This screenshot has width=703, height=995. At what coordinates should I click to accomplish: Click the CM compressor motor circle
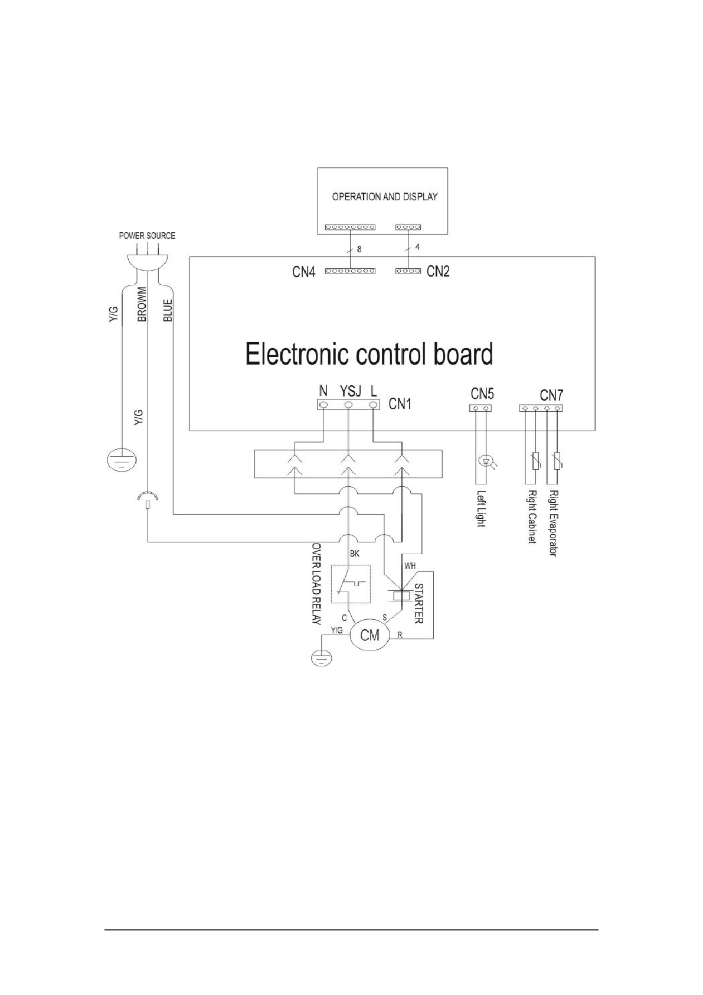[370, 636]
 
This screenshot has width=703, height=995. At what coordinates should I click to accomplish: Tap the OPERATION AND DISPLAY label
[384, 197]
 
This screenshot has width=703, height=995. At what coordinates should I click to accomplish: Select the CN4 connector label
[304, 272]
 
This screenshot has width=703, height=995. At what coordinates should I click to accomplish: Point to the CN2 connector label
[438, 271]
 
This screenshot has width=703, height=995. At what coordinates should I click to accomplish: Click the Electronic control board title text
[369, 355]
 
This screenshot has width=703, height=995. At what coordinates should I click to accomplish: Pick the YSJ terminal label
[349, 391]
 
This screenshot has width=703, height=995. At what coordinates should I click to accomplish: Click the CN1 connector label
[401, 404]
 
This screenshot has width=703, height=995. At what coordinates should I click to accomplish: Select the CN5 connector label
[482, 394]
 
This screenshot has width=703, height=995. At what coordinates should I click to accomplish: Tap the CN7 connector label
[552, 394]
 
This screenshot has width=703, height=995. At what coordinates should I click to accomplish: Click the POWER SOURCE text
[147, 235]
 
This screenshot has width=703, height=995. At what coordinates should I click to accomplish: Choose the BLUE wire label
[168, 310]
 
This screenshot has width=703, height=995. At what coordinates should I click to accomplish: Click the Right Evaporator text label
[553, 523]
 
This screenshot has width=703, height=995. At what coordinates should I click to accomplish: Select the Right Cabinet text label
[532, 518]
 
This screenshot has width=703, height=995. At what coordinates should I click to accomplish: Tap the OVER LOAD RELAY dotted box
[351, 584]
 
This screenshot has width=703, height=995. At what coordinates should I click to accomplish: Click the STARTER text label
[418, 604]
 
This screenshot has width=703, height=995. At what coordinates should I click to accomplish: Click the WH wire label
[410, 566]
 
